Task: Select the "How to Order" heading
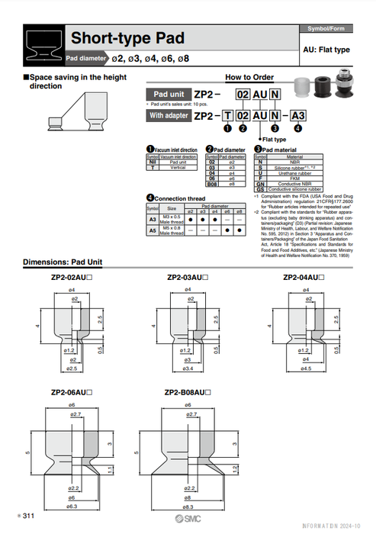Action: click(249, 78)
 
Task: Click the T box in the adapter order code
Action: click(227, 116)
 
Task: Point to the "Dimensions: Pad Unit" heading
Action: click(63, 262)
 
